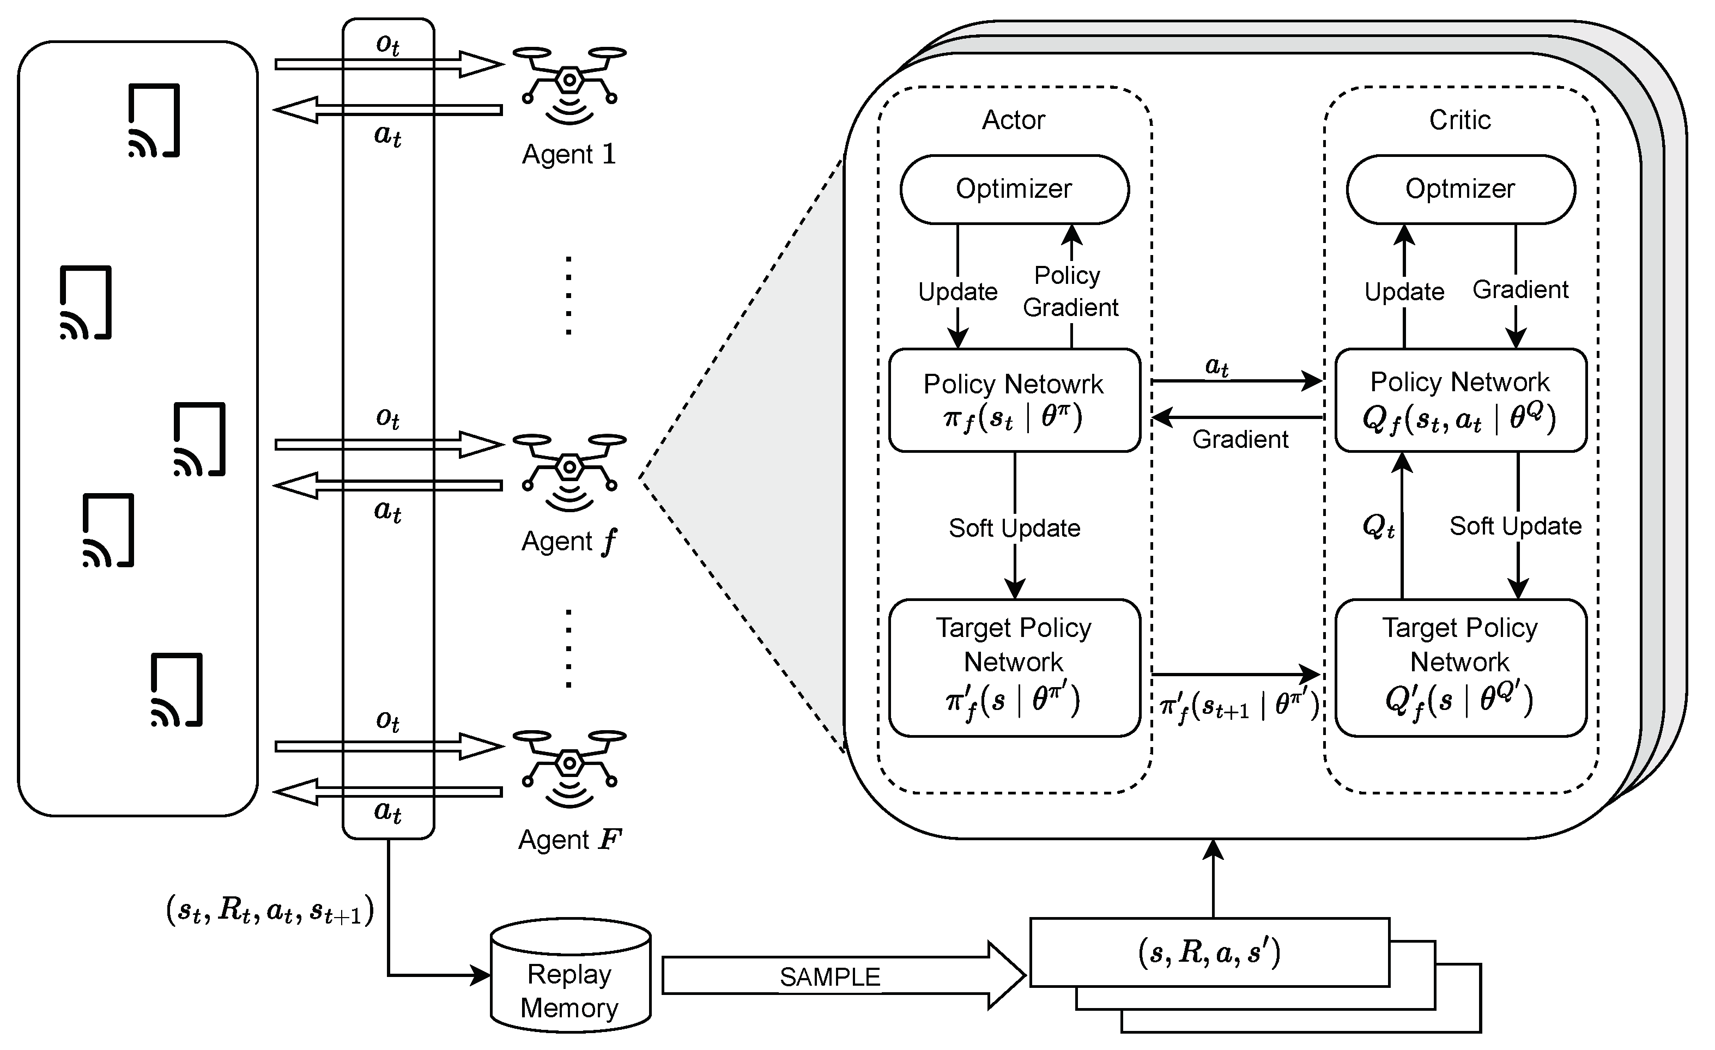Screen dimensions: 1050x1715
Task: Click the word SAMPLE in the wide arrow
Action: [x=829, y=977]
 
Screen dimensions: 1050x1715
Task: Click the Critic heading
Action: [x=1459, y=120]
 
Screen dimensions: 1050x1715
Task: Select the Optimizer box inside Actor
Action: [x=1014, y=189]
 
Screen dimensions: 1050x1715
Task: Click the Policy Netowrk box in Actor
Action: [x=1014, y=400]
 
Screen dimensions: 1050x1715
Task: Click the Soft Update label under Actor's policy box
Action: [x=1014, y=528]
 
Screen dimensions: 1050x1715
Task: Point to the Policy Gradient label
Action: [x=1070, y=291]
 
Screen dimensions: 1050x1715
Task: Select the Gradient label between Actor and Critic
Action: [x=1240, y=440]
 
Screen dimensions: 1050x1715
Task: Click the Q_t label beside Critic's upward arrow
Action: [x=1378, y=527]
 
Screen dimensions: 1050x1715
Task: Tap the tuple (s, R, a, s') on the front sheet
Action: [x=1209, y=952]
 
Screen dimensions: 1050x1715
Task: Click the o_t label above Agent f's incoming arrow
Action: [x=387, y=417]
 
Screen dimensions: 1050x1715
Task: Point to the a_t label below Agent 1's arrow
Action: [x=387, y=135]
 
